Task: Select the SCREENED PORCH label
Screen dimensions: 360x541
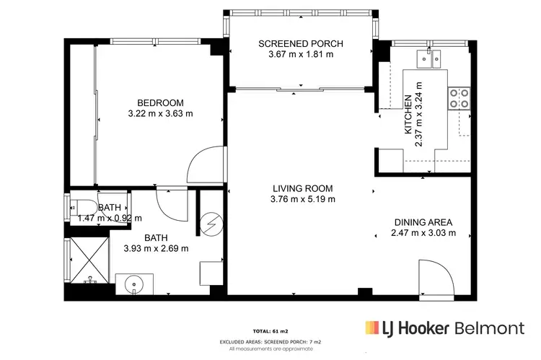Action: click(x=300, y=44)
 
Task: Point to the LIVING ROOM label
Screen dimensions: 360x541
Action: click(x=302, y=188)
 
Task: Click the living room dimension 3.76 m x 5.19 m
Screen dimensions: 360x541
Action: click(x=302, y=199)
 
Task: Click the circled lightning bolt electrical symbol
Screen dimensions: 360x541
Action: click(x=212, y=225)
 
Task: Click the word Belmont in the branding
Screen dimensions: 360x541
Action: click(x=490, y=328)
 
